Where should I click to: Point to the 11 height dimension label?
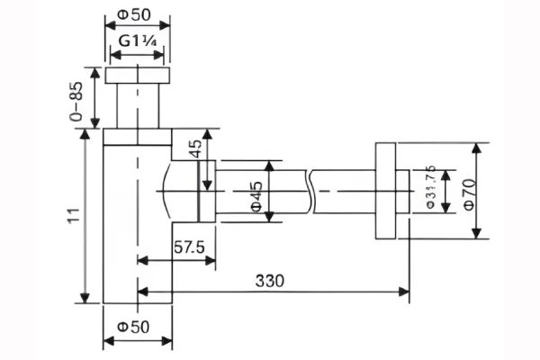(x=75, y=215)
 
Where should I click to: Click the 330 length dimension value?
(x=269, y=280)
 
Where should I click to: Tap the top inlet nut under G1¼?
(x=137, y=76)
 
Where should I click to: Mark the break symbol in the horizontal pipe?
(x=310, y=190)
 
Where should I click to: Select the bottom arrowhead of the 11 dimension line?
(x=87, y=301)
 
